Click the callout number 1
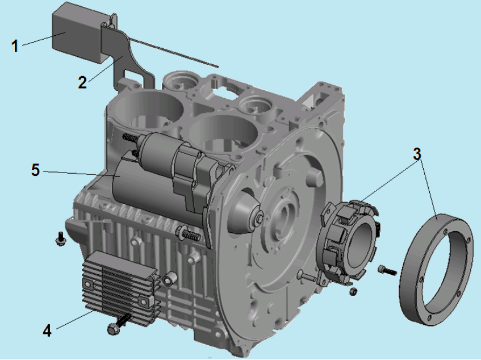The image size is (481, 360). click(14, 47)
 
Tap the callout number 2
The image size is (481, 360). click(82, 82)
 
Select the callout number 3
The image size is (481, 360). click(417, 154)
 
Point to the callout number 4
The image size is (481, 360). click(47, 331)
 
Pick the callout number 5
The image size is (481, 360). click(36, 170)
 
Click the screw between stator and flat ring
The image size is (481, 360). click(388, 270)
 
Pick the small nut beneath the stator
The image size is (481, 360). click(353, 291)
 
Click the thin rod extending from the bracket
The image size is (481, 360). click(173, 52)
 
